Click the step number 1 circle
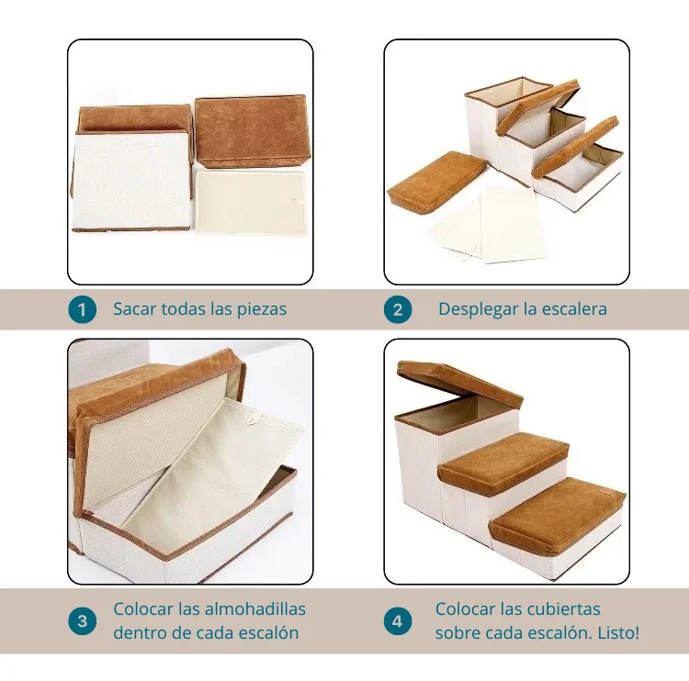click(x=82, y=310)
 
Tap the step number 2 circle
click(x=398, y=310)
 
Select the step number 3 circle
click(x=82, y=621)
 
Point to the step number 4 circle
click(x=398, y=621)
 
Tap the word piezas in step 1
click(x=262, y=310)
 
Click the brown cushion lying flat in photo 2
click(x=436, y=180)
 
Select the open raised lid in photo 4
click(x=460, y=384)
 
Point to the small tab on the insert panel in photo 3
click(x=253, y=420)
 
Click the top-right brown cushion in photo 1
click(x=252, y=131)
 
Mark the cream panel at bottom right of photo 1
click(x=251, y=202)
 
